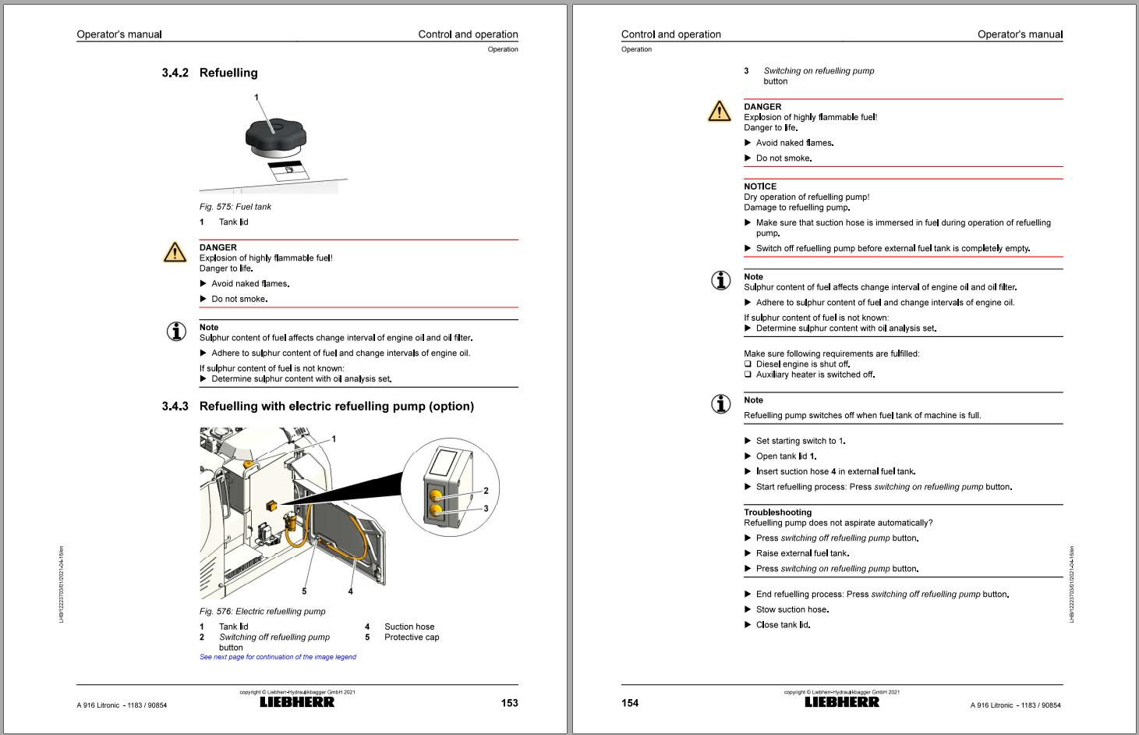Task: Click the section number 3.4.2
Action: (x=175, y=73)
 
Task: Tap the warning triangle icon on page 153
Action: (x=175, y=251)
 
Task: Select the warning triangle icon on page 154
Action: (x=719, y=112)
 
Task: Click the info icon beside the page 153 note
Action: (x=176, y=332)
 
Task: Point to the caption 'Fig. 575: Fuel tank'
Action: (x=235, y=207)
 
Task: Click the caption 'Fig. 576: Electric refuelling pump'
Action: (x=263, y=612)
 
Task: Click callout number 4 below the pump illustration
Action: (x=350, y=591)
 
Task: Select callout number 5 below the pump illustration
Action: (x=304, y=591)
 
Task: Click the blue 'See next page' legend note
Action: (x=278, y=657)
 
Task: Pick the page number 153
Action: (x=509, y=703)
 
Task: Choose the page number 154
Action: (x=630, y=703)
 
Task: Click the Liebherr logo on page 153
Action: (x=297, y=701)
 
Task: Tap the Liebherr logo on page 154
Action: (x=842, y=701)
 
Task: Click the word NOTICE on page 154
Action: (x=760, y=186)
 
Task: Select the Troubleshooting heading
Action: (x=777, y=513)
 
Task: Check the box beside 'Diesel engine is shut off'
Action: (x=748, y=364)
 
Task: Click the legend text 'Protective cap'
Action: (x=412, y=637)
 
